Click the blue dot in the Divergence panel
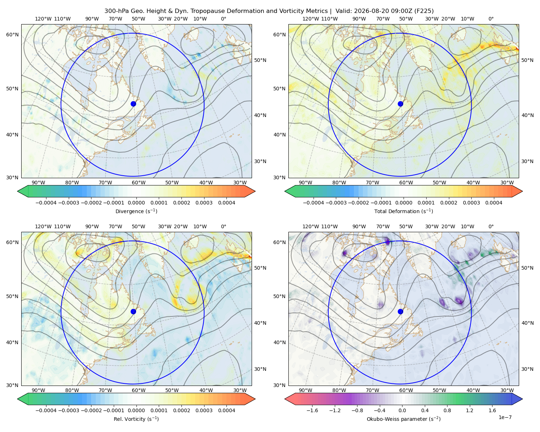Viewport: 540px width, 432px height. pyautogui.click(x=133, y=104)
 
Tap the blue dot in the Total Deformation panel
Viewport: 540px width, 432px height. pyautogui.click(x=400, y=104)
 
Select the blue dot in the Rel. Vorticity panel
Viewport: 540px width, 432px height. pyautogui.click(x=133, y=311)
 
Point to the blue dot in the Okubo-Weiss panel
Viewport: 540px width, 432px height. pyautogui.click(x=400, y=311)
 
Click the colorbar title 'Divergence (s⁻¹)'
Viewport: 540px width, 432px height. pyautogui.click(x=136, y=211)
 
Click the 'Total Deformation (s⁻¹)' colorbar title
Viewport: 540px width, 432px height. pyautogui.click(x=404, y=211)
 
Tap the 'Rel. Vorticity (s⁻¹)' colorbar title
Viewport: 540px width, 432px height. pyautogui.click(x=136, y=419)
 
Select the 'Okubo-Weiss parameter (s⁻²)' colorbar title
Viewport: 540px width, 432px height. pyautogui.click(x=404, y=419)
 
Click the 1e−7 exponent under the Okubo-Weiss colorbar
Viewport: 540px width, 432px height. pyautogui.click(x=505, y=417)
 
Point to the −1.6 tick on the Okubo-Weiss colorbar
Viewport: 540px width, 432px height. pyautogui.click(x=312, y=410)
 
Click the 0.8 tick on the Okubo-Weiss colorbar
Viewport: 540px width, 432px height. pyautogui.click(x=447, y=410)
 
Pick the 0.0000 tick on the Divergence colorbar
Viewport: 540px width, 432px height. pyautogui.click(x=136, y=203)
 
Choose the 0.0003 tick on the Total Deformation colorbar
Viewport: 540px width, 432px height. pyautogui.click(x=471, y=203)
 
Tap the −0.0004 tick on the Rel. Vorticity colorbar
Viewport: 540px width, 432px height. pyautogui.click(x=46, y=410)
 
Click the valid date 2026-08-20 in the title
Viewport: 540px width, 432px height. pyautogui.click(x=367, y=11)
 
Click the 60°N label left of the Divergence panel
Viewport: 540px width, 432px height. pyautogui.click(x=12, y=35)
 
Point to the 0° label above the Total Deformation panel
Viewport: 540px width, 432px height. pyautogui.click(x=491, y=19)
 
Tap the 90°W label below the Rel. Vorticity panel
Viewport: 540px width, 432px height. pyautogui.click(x=39, y=390)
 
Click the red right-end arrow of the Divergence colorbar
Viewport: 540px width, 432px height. pyautogui.click(x=250, y=191)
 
